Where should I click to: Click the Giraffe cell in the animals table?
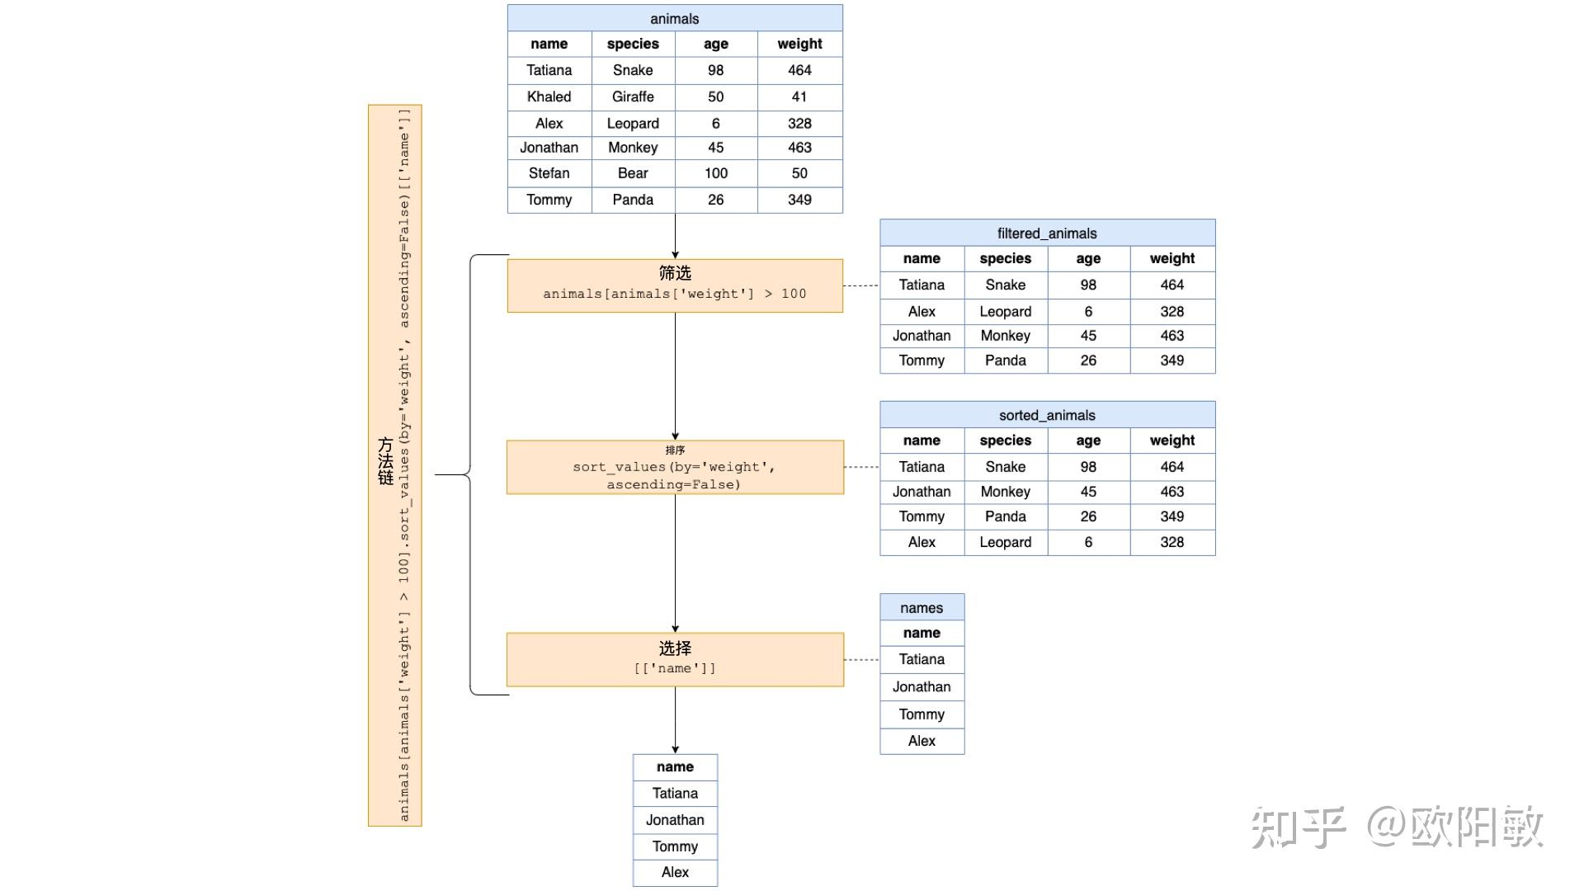(633, 97)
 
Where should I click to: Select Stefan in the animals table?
(549, 173)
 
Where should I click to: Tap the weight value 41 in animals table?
(799, 97)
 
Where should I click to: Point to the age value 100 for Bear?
(716, 173)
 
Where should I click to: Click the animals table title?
(675, 18)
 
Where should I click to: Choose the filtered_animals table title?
(1047, 233)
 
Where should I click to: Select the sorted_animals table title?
(1047, 415)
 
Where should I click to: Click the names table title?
(922, 607)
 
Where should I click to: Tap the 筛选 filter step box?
(675, 285)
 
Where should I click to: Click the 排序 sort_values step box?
(675, 467)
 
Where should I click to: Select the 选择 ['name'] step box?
(675, 659)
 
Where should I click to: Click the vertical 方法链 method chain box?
(395, 465)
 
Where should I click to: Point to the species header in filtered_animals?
(1006, 258)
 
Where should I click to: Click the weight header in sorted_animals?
(1172, 441)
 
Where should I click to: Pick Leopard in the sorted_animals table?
(1006, 542)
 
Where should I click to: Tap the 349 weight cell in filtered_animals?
(1172, 361)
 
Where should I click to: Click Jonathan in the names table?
(922, 686)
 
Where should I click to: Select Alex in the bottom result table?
(675, 872)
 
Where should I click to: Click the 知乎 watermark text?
(1298, 827)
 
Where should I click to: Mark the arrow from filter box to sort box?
(675, 376)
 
